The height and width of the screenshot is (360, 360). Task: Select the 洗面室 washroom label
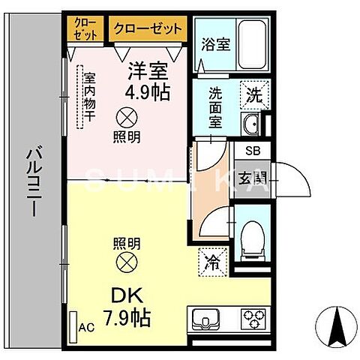(x=216, y=108)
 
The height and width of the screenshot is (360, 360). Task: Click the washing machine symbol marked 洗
(x=252, y=94)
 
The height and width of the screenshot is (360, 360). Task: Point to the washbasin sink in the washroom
(x=251, y=124)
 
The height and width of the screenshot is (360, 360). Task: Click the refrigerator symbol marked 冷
(x=211, y=262)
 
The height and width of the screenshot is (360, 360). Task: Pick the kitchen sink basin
(x=204, y=320)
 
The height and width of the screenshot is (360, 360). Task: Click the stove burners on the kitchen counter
(x=251, y=319)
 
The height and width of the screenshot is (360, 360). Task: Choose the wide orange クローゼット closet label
(x=148, y=29)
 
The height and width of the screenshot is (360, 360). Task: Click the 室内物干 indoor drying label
(x=88, y=101)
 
